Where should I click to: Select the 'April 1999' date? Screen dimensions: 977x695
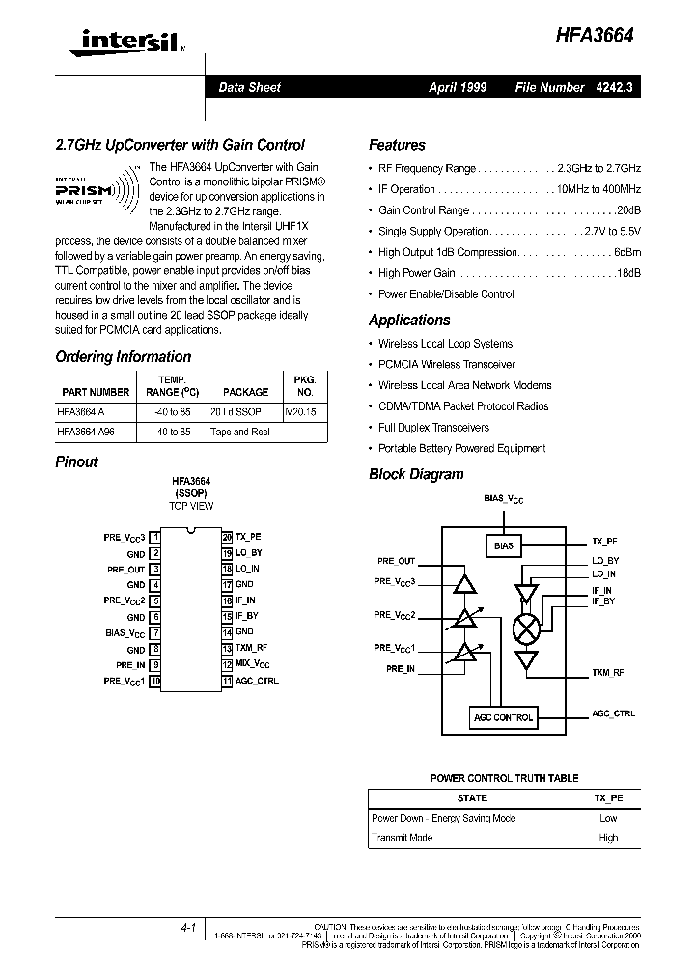click(x=458, y=87)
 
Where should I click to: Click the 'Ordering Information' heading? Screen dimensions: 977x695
click(x=123, y=356)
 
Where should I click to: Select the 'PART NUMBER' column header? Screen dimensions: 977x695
click(x=96, y=392)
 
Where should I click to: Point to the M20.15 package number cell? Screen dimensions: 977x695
click(x=302, y=411)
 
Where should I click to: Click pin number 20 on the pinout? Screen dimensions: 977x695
click(x=227, y=536)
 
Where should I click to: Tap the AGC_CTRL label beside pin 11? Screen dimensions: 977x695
click(x=257, y=682)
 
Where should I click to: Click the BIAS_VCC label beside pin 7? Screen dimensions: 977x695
click(x=125, y=633)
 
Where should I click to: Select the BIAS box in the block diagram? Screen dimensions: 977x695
click(x=504, y=545)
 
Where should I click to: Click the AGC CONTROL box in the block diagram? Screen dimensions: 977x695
click(x=503, y=717)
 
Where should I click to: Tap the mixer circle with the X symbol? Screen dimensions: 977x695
click(x=526, y=628)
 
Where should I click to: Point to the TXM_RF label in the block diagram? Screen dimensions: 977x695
click(x=608, y=672)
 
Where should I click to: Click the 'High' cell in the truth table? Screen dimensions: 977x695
click(x=608, y=838)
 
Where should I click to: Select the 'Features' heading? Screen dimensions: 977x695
click(x=397, y=145)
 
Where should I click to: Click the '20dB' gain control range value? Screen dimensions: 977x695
click(x=628, y=210)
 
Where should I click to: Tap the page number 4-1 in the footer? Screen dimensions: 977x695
click(x=187, y=928)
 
